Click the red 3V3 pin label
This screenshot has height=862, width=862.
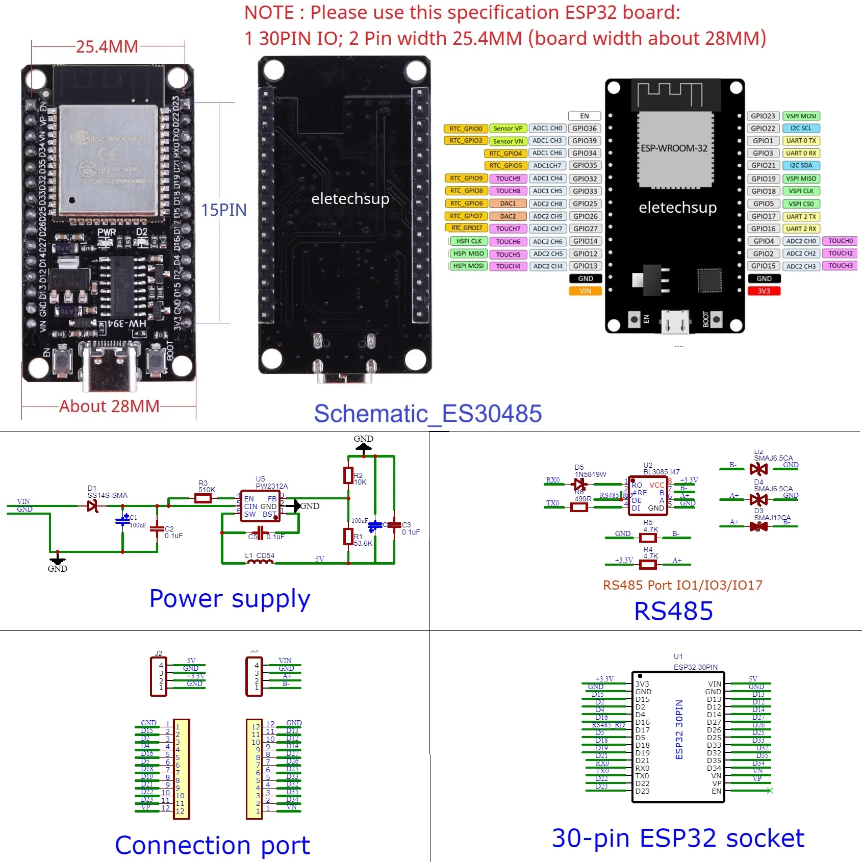point(764,291)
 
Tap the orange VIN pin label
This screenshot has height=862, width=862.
point(585,291)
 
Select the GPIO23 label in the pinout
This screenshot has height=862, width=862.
point(763,116)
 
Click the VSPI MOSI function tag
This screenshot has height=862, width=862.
point(801,116)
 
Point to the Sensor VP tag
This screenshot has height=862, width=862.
point(508,129)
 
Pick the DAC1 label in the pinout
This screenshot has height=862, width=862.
point(508,204)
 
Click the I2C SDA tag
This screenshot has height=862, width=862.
point(801,165)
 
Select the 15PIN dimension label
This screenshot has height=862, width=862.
point(223,210)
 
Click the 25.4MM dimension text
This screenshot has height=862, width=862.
point(107,47)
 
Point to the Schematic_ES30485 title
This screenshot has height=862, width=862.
point(427,414)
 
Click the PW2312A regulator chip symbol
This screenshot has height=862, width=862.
point(260,506)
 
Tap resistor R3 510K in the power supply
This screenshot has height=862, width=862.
point(203,498)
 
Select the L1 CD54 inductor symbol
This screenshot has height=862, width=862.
point(260,562)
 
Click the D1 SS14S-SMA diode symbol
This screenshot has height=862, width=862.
point(93,506)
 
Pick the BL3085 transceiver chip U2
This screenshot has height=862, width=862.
point(648,496)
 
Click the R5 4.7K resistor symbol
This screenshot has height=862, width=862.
point(648,538)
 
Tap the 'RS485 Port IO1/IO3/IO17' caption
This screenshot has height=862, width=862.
point(682,585)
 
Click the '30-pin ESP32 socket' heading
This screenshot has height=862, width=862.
point(678,838)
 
